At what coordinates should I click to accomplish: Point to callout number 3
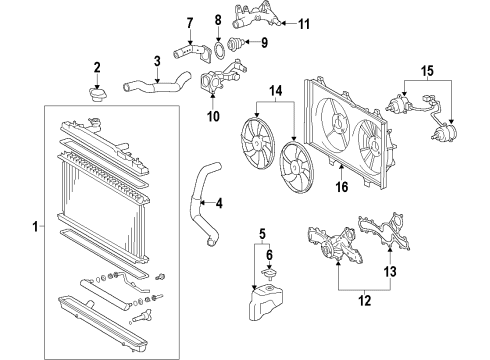(x=158, y=62)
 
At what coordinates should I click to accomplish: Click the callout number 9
(x=264, y=42)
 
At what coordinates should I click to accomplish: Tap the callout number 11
(x=305, y=22)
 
